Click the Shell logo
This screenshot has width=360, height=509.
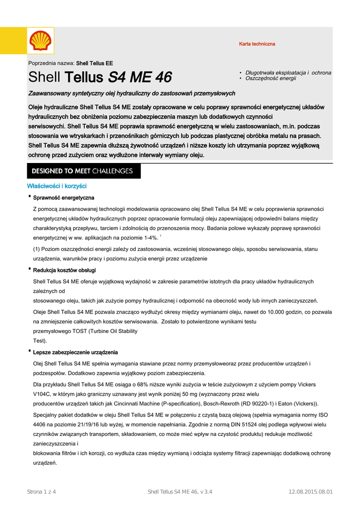click(x=40, y=41)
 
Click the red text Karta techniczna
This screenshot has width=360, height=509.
click(x=257, y=44)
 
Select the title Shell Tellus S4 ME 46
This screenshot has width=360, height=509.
click(x=100, y=78)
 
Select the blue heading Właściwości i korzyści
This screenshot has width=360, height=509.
click(x=57, y=186)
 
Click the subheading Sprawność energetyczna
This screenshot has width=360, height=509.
click(x=64, y=198)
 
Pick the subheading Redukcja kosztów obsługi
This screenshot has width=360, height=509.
click(x=65, y=270)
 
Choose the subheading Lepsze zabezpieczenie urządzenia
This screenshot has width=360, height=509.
click(x=76, y=352)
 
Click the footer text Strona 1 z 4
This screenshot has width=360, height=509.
click(x=41, y=492)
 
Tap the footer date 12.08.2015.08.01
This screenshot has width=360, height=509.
click(x=311, y=492)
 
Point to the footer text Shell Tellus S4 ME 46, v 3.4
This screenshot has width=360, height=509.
click(x=180, y=492)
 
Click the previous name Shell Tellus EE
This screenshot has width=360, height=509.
click(x=94, y=63)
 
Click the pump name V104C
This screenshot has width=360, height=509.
click(x=41, y=394)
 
